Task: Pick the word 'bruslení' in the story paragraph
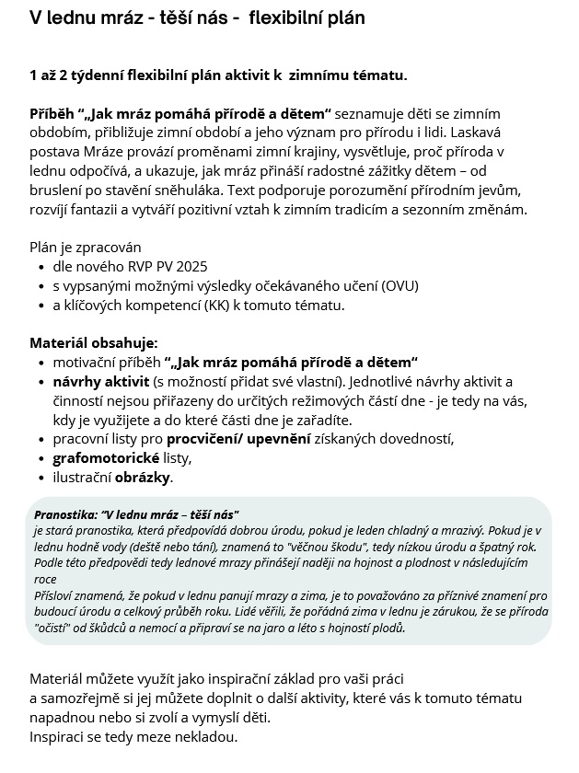pyautogui.click(x=58, y=190)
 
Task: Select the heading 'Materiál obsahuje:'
pyautogui.click(x=94, y=342)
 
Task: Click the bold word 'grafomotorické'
pyautogui.click(x=105, y=457)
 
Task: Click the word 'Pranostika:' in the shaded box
pyautogui.click(x=65, y=513)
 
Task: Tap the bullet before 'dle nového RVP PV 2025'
pyautogui.click(x=42, y=268)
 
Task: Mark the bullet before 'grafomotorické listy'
pyautogui.click(x=42, y=458)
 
